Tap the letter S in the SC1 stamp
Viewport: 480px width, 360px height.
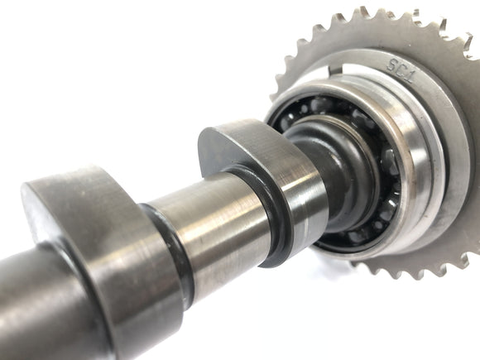point(391,65)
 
